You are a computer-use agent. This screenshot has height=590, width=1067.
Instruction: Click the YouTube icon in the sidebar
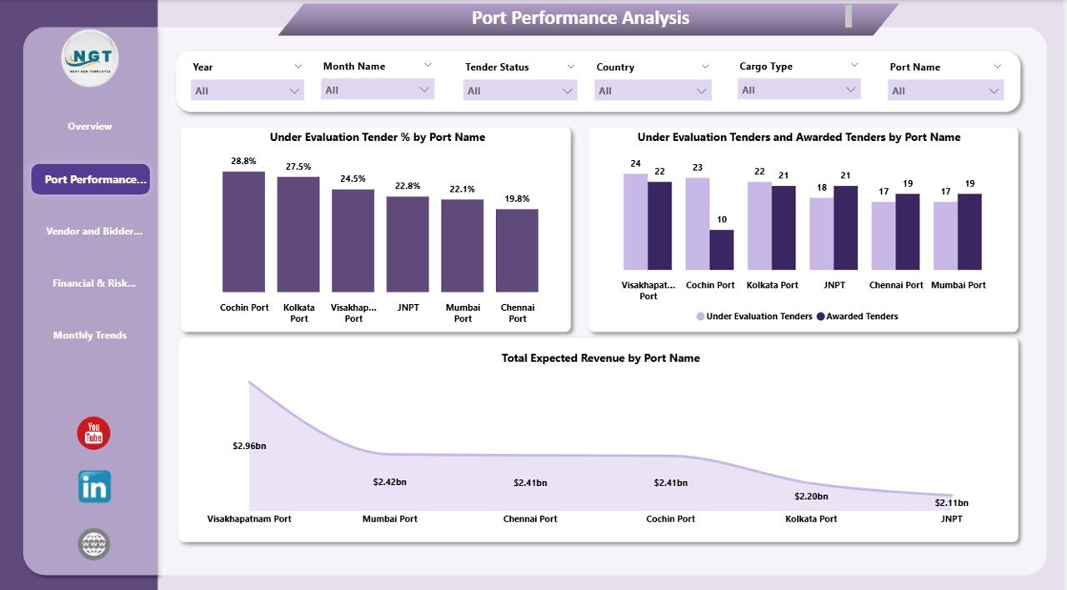93,433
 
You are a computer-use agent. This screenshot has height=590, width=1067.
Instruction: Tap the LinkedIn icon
94,487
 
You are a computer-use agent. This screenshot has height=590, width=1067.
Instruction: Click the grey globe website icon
94,544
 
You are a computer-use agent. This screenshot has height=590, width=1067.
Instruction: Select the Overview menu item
90,127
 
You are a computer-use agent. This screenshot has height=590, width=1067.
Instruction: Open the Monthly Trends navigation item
90,335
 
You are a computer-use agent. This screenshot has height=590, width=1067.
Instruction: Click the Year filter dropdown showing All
247,91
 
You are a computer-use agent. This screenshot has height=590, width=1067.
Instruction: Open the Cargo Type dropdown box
799,90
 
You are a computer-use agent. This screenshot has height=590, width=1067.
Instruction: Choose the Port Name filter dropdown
946,91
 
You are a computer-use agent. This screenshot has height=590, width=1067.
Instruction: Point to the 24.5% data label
353,178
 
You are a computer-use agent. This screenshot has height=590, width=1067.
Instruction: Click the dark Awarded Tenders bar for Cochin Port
722,250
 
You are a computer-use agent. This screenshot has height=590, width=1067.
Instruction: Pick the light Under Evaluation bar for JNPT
821,233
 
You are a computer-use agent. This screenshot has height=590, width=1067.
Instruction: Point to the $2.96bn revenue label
249,447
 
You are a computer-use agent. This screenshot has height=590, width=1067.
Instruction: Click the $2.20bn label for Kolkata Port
811,497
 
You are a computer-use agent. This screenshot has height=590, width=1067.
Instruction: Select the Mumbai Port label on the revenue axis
390,519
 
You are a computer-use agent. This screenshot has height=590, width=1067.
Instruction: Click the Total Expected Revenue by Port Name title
600,358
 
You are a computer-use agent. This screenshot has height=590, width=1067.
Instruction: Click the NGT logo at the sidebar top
90,58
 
